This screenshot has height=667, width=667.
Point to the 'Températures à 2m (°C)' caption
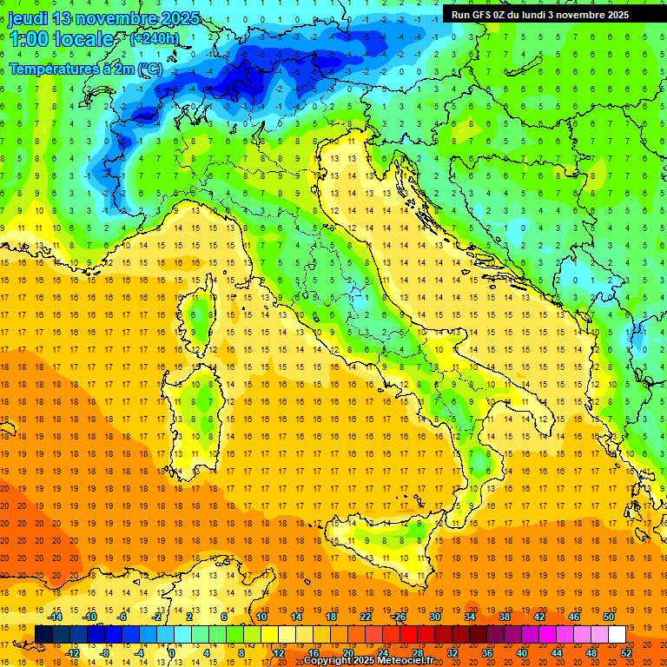point(85,69)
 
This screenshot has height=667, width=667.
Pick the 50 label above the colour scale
point(609,617)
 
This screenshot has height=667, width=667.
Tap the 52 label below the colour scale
point(626,652)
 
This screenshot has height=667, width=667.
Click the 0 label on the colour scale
point(171,652)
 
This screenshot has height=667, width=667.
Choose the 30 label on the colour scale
point(435,617)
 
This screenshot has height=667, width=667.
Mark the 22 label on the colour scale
point(366,617)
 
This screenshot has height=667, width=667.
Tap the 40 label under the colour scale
point(522,652)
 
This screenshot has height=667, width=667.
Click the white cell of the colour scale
point(617,634)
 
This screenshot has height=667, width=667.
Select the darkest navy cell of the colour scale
point(43,634)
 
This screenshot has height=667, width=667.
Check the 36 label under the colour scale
point(487,652)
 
